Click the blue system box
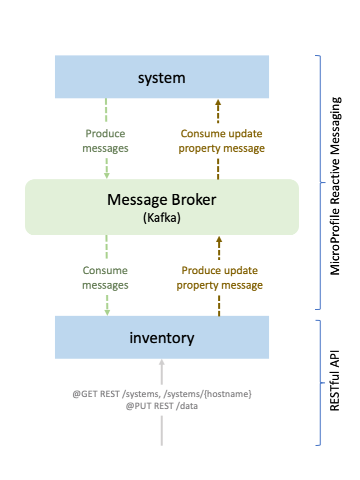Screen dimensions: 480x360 tap(161, 77)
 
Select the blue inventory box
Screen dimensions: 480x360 tap(161, 337)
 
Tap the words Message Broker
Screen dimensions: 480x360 tap(161, 200)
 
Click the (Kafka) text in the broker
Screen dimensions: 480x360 tap(161, 218)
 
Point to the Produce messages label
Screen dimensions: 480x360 tap(105, 141)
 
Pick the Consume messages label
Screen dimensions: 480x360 tap(105, 278)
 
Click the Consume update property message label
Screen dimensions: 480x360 tap(221, 141)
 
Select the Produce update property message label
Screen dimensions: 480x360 tap(220, 278)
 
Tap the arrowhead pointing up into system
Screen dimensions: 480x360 tap(218, 102)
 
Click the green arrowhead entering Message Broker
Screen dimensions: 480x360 tap(106, 175)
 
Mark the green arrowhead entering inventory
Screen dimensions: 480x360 tap(106, 312)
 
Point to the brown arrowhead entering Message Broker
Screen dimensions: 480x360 tap(218, 239)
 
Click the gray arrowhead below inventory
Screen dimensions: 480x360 tap(161, 362)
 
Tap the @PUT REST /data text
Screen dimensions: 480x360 tap(162, 406)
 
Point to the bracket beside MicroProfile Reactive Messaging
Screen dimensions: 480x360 tap(318, 182)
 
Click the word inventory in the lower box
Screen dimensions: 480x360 tap(161, 338)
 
